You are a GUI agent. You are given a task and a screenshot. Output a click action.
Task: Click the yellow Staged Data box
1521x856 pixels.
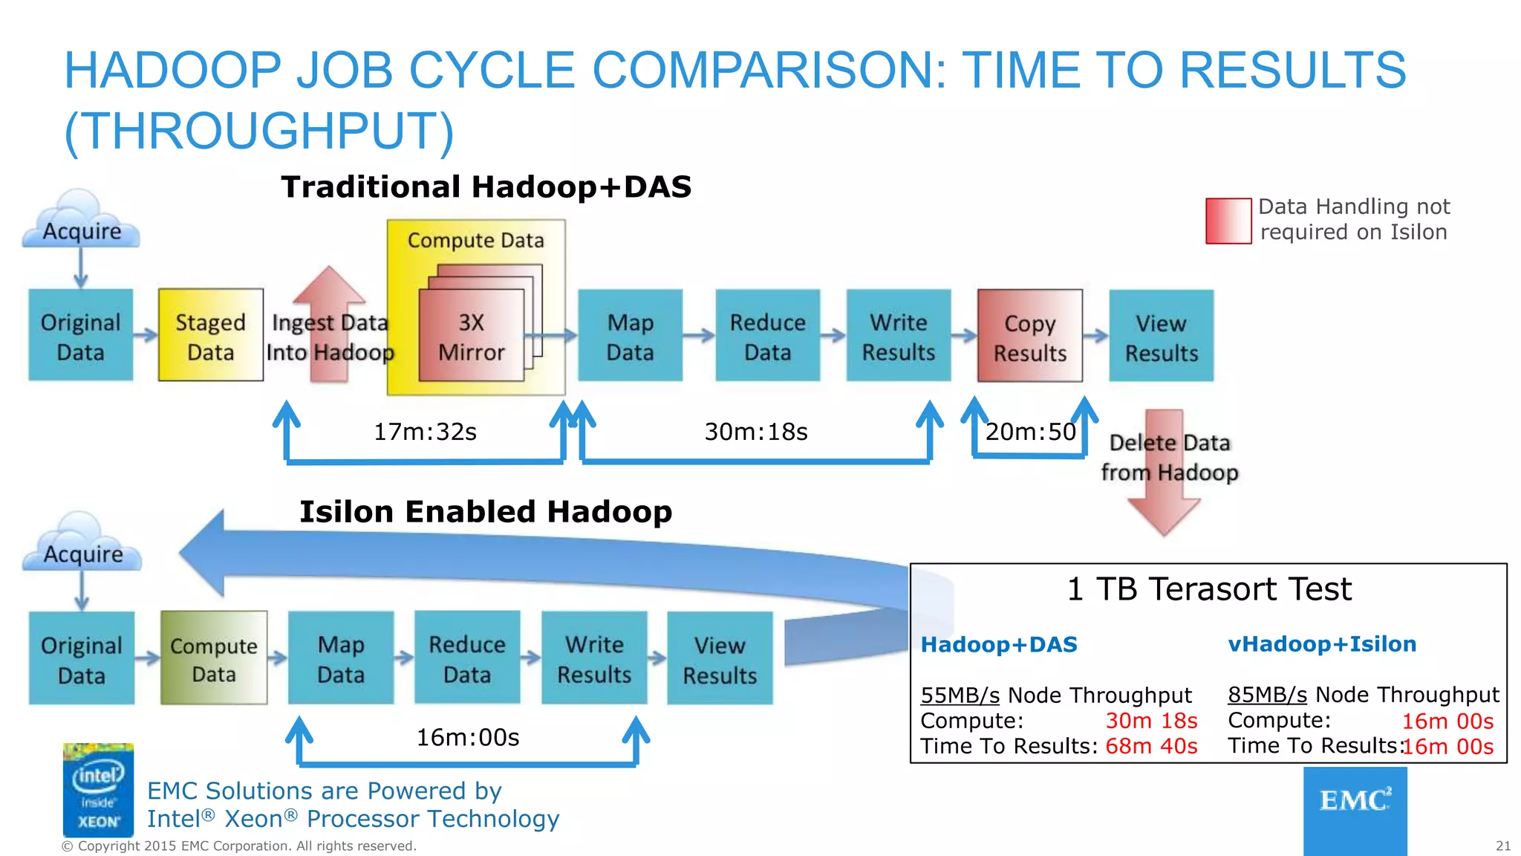coord(210,336)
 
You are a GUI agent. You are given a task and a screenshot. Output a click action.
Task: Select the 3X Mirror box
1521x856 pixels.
coord(471,337)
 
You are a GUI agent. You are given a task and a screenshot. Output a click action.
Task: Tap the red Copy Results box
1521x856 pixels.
coord(1029,337)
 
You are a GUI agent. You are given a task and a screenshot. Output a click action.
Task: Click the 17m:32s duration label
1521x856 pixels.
coord(425,432)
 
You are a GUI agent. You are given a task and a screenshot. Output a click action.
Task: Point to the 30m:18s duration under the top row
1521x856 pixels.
coord(755,432)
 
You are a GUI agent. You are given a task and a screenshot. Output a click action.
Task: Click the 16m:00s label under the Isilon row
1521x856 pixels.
coord(467,737)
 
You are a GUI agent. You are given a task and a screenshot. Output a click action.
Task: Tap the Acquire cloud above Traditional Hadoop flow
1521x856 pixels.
coord(81,222)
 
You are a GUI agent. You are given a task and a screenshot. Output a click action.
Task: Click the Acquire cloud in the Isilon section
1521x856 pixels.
coord(82,545)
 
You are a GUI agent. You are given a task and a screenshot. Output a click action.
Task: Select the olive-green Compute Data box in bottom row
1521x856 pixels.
coord(214,658)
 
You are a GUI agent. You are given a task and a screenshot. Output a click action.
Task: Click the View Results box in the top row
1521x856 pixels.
coord(1161,337)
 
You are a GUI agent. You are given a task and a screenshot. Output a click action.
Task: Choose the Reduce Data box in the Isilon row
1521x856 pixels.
coord(467,658)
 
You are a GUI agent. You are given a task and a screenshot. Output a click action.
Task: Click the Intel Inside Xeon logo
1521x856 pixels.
coord(98,790)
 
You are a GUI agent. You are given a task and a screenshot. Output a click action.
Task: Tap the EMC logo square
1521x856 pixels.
coord(1355,809)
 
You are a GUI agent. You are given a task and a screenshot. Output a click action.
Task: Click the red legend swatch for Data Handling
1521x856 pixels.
coord(1228,221)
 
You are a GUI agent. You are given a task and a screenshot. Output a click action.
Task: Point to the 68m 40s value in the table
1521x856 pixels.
coord(1151,746)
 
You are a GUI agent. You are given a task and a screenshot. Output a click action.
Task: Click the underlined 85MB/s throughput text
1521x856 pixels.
coord(1267,695)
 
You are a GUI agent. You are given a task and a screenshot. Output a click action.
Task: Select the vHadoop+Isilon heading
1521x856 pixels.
coord(1322,644)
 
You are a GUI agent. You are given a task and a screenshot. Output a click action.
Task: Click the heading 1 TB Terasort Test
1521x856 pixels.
coord(1209,589)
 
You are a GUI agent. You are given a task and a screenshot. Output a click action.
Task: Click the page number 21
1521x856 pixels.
coord(1502,846)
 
